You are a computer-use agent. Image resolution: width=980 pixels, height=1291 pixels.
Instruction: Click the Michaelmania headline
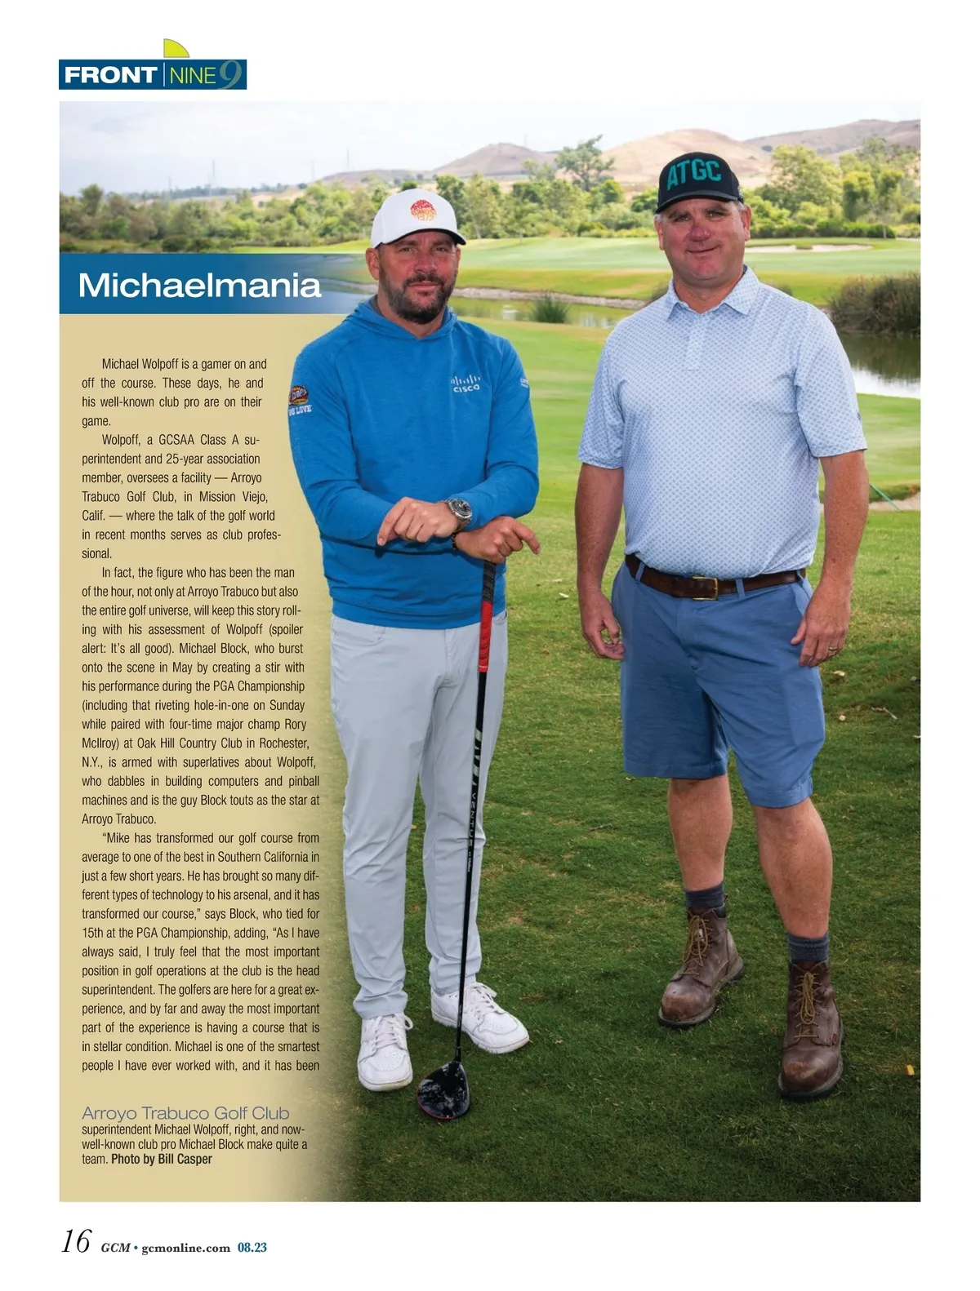199,286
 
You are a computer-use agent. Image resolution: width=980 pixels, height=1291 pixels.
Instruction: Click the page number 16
76,1241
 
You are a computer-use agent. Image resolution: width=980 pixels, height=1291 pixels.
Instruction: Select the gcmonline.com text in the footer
185,1248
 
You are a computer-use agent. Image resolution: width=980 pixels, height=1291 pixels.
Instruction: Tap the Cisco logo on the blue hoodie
466,384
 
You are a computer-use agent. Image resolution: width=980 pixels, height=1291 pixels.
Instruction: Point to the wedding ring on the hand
831,650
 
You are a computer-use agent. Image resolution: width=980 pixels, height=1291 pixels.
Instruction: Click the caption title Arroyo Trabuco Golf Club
185,1113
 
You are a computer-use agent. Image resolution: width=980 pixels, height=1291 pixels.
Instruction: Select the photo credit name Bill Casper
185,1159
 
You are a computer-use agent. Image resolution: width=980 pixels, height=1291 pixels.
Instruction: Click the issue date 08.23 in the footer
252,1248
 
